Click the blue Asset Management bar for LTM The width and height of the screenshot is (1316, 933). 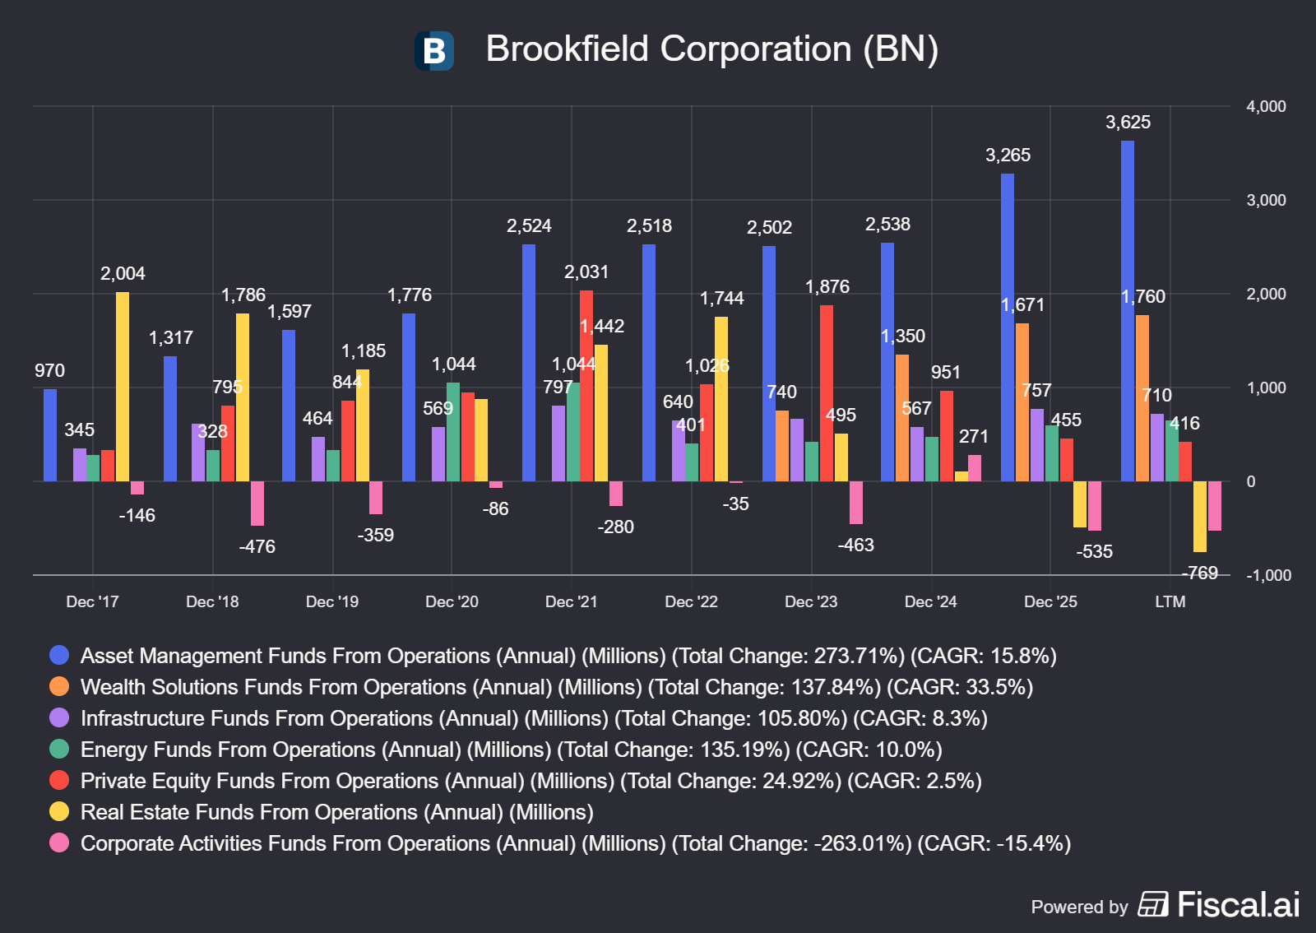1128,311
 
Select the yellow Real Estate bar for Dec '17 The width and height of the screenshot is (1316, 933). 123,387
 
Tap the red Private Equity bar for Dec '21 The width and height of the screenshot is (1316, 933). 586,386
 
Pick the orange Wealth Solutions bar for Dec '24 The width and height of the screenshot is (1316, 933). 901,418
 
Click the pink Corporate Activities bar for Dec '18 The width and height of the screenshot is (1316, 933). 257,504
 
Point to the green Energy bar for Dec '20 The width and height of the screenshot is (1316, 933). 453,432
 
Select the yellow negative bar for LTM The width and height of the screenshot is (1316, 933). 1200,517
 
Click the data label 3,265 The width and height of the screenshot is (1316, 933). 1008,155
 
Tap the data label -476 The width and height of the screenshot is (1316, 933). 257,546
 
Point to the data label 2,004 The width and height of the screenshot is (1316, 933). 123,273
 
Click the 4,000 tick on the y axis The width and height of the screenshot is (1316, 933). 1266,106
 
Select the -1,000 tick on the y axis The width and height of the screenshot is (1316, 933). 1269,575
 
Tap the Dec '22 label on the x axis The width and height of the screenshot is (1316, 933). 691,601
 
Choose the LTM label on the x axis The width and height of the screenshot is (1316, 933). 1170,601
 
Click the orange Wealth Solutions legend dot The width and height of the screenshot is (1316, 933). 59,686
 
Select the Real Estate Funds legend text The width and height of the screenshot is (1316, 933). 336,812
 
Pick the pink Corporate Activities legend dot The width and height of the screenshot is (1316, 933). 59,842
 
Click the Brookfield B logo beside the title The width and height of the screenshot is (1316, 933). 434,50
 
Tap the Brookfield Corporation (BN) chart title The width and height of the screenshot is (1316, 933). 711,49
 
